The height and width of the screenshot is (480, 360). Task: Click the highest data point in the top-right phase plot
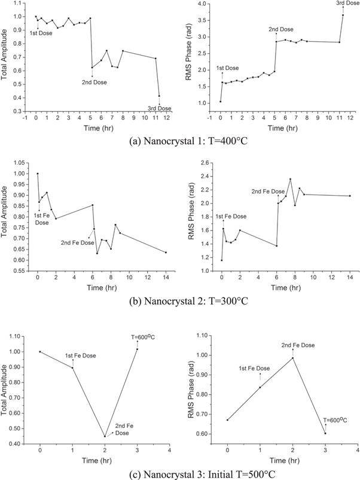[x=343, y=15]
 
